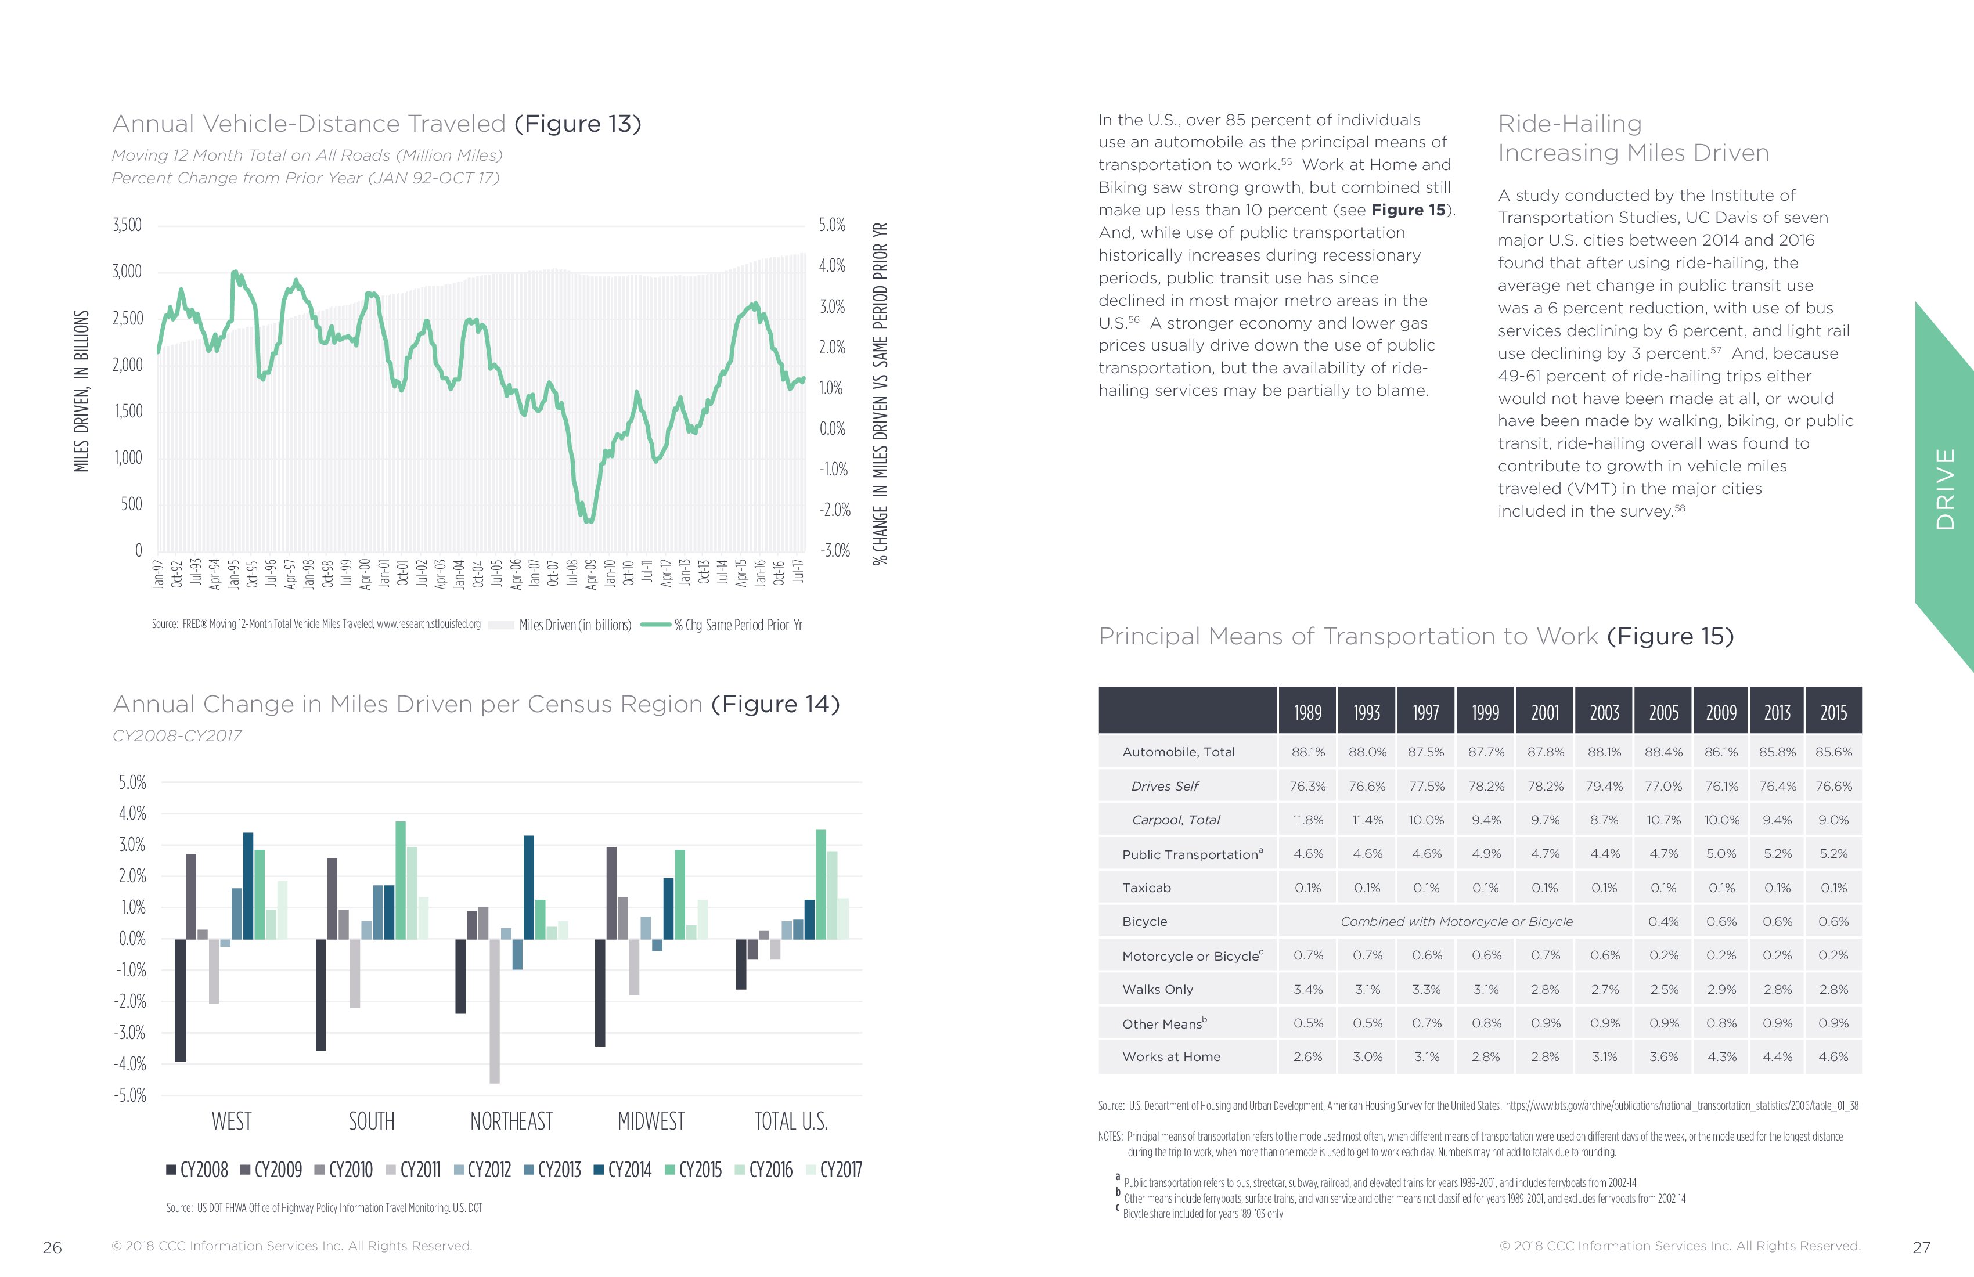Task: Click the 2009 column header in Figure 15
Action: pos(1721,712)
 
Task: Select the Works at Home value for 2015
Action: pos(1833,1057)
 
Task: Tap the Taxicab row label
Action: pos(1146,888)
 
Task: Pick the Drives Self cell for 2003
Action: pos(1604,786)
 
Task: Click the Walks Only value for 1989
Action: pos(1308,989)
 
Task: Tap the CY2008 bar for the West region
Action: pos(180,1000)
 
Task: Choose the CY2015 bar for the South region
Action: pos(401,880)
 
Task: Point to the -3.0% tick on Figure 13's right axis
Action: pos(834,551)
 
